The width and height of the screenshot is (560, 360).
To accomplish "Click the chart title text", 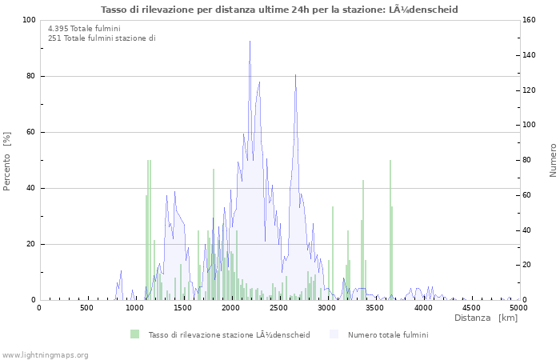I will point(280,9).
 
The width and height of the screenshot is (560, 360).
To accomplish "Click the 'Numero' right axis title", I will point(553,160).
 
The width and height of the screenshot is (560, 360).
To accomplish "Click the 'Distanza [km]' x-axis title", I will point(486,318).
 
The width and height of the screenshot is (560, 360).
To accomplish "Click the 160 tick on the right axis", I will point(531,20).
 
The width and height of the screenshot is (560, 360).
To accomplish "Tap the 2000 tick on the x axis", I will point(231,307).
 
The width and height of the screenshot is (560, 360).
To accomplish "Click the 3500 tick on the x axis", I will point(375,307).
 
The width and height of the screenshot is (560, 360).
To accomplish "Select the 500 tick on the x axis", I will point(87,307).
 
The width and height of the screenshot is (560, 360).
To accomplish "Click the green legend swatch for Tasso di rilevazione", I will point(134,334).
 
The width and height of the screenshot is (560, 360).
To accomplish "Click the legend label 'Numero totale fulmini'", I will point(387,334).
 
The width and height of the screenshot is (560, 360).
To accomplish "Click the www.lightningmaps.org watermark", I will point(45,354).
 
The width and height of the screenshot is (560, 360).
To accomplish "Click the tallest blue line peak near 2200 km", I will point(250,42).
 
